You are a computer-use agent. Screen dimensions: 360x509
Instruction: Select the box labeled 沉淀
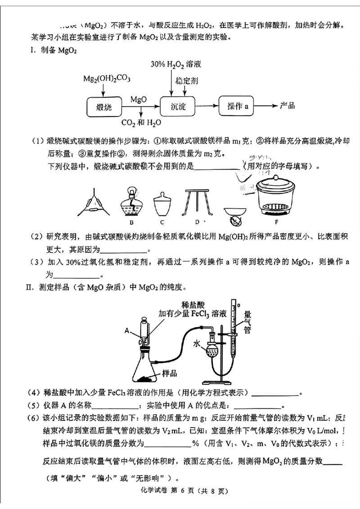coord(178,107)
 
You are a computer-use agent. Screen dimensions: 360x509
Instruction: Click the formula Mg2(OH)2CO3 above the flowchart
coord(107,79)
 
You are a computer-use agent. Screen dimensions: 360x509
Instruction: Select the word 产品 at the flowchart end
coord(287,106)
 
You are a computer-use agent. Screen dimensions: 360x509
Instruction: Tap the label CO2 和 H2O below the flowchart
coord(141,122)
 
